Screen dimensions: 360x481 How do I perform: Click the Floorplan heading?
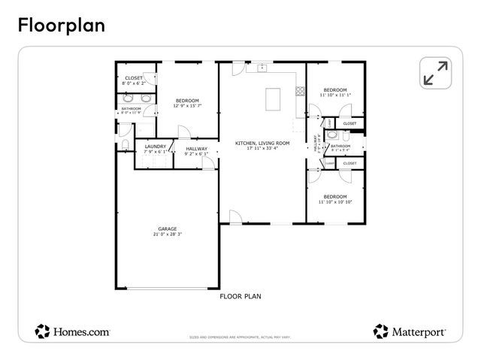(x=62, y=24)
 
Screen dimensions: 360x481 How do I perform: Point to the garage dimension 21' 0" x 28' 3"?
(x=167, y=234)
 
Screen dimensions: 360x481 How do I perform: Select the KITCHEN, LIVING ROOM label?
(x=262, y=143)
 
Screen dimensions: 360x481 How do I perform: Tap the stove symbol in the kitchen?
(x=300, y=92)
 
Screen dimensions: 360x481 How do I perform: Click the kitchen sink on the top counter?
(x=262, y=68)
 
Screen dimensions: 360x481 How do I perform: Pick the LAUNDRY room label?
(x=156, y=146)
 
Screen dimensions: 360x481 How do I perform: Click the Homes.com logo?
(x=73, y=330)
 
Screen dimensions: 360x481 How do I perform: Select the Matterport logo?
(x=410, y=330)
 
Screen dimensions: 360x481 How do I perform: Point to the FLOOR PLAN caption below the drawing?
(x=240, y=296)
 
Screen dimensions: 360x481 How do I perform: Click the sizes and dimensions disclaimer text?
(x=240, y=338)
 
